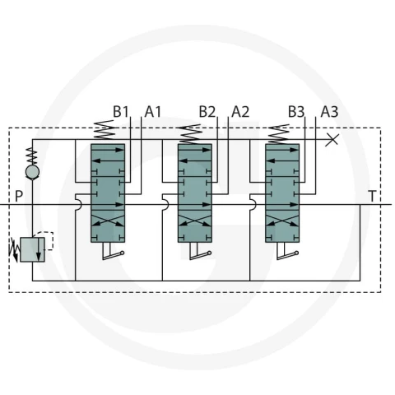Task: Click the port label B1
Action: pyautogui.click(x=121, y=112)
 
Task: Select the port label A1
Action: pyautogui.click(x=153, y=112)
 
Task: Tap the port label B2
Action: pyautogui.click(x=207, y=112)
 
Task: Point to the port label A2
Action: pyautogui.click(x=240, y=112)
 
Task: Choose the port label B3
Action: pyautogui.click(x=296, y=112)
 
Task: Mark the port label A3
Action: pyautogui.click(x=329, y=112)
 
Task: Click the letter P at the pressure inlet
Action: pyautogui.click(x=19, y=196)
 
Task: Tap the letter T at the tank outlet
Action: pyautogui.click(x=372, y=196)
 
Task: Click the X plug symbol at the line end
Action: pyautogui.click(x=332, y=140)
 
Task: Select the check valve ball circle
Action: pyautogui.click(x=32, y=172)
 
